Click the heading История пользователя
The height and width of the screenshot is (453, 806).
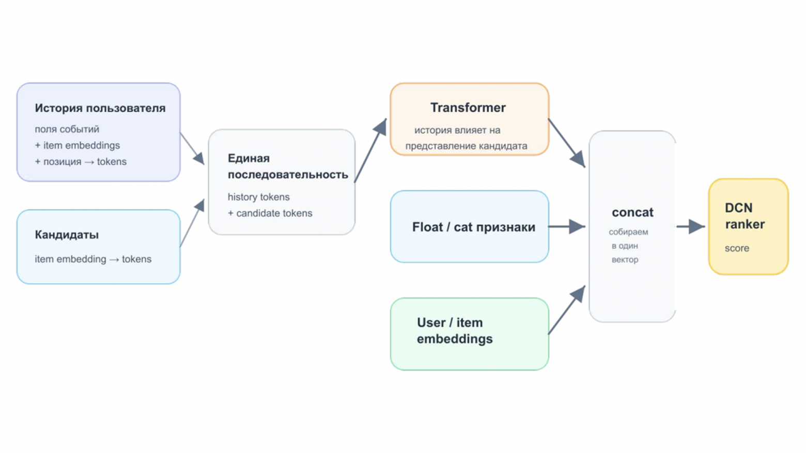100,108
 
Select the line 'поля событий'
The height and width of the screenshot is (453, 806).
67,129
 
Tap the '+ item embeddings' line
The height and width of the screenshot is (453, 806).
78,145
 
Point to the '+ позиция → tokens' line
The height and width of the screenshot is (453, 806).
81,162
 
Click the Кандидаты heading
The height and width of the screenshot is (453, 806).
67,235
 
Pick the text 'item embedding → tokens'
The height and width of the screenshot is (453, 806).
93,259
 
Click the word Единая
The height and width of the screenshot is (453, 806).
249,158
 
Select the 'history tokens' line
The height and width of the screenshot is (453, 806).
258,197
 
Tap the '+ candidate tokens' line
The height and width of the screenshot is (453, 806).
270,213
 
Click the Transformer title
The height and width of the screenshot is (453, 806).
468,107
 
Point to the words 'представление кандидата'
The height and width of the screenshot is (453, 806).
467,146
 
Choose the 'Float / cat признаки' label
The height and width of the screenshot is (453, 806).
473,227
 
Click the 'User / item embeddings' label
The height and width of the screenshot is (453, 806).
455,331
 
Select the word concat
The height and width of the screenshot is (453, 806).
632,212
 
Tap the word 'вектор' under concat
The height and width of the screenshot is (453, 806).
625,259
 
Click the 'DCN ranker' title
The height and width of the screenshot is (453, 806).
745,216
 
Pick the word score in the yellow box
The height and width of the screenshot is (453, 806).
737,248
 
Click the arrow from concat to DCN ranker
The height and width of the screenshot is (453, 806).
690,227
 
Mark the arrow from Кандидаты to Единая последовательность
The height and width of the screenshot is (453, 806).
192,223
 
